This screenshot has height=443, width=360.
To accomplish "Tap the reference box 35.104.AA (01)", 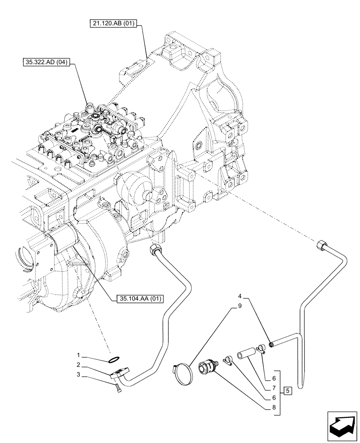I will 139,299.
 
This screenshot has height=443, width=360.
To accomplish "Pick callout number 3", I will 78,375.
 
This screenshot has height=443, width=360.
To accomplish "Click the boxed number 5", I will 288,391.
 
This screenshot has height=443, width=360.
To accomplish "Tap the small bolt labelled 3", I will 118,389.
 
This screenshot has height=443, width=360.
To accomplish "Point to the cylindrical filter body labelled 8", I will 208,368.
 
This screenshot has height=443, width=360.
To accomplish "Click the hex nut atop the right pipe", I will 322,245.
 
